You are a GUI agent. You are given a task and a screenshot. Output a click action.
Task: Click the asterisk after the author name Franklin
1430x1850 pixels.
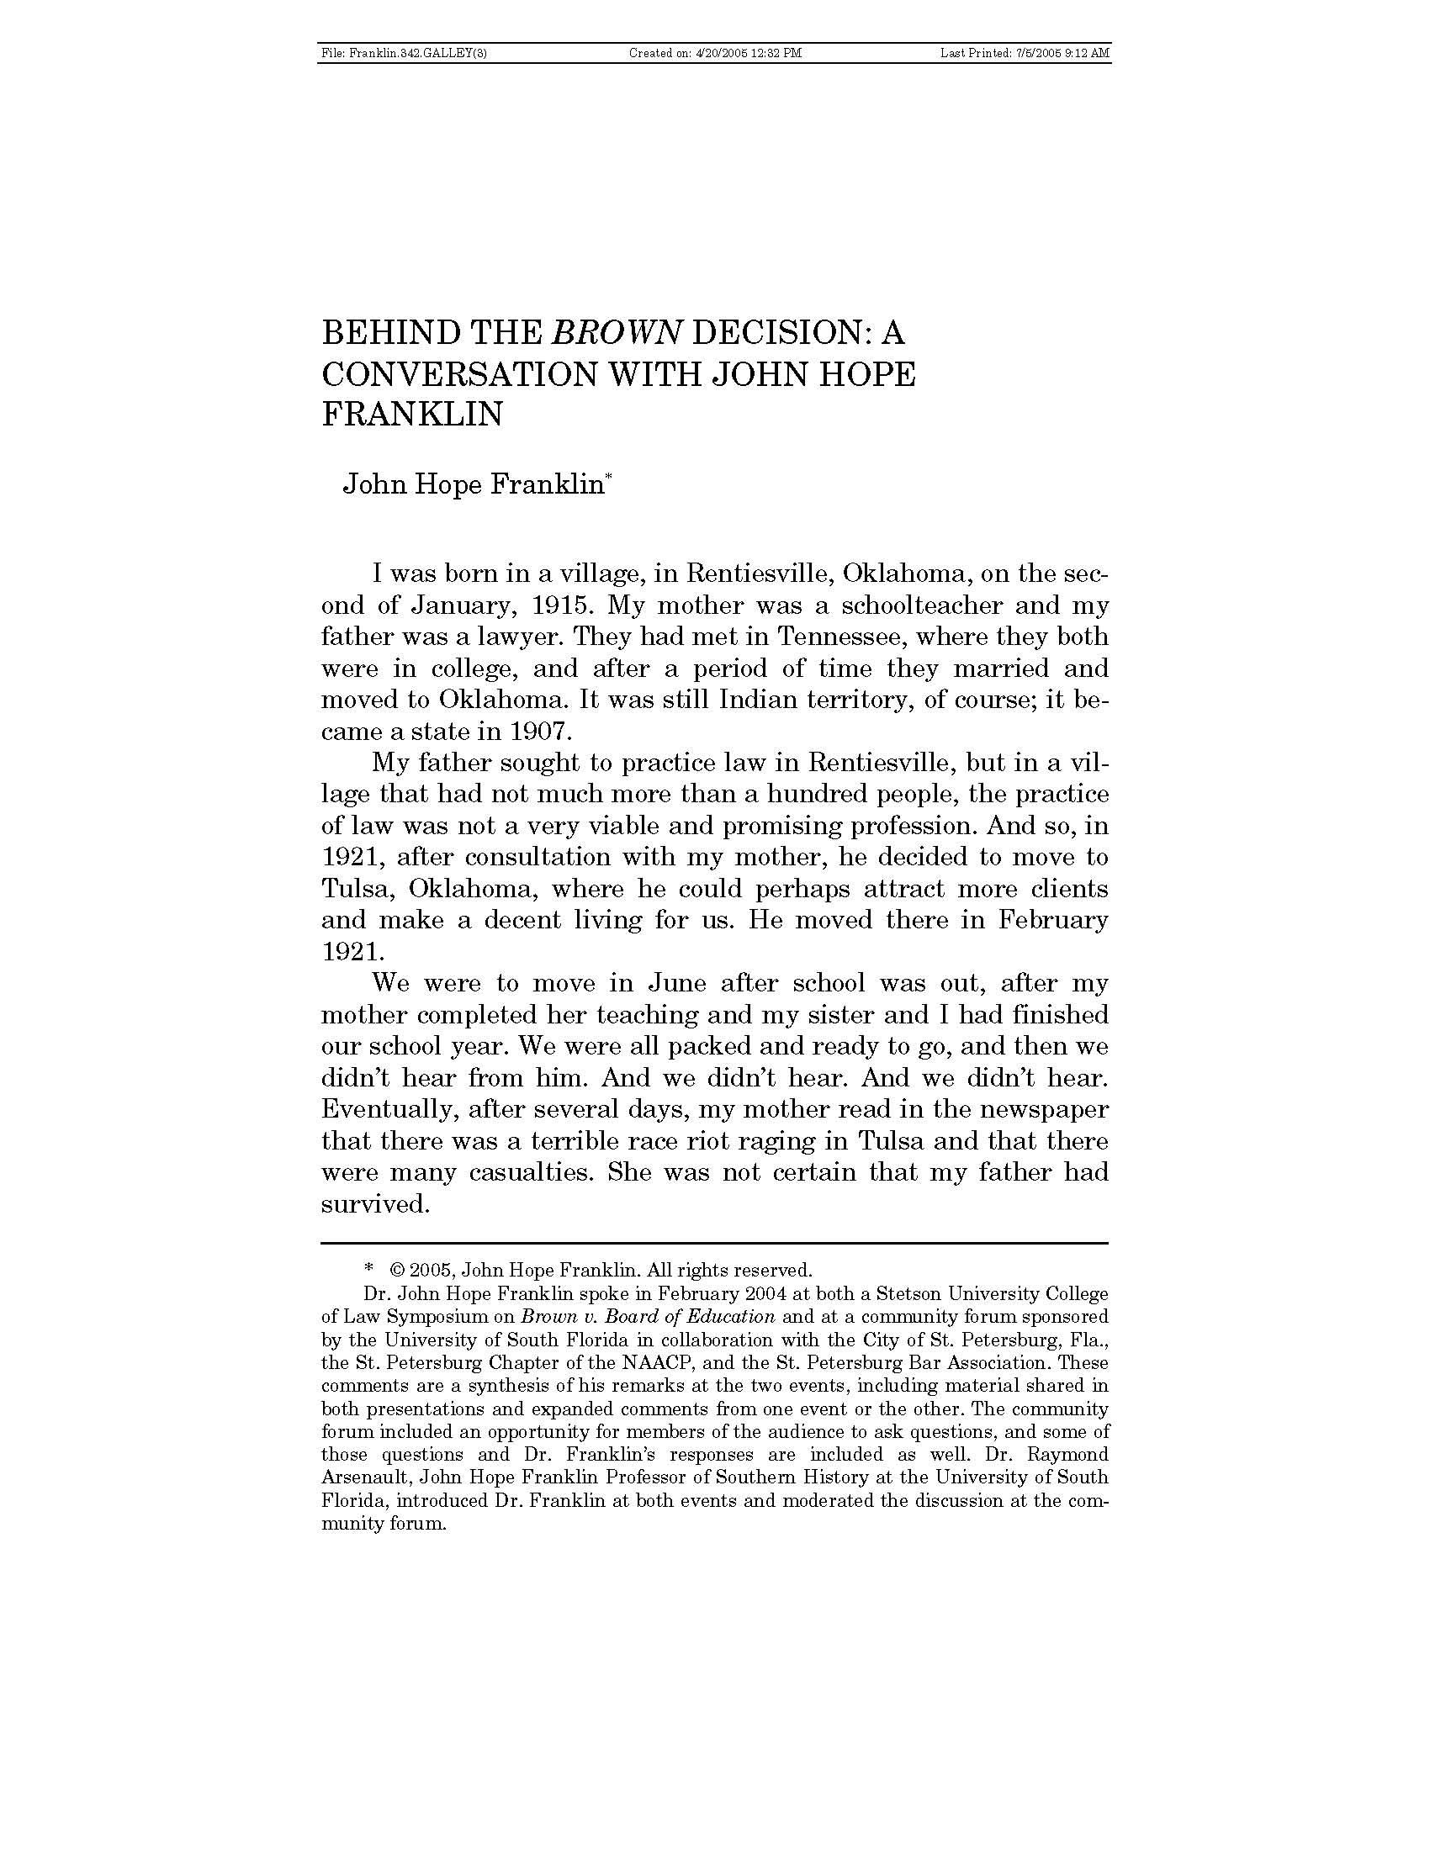coord(607,478)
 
